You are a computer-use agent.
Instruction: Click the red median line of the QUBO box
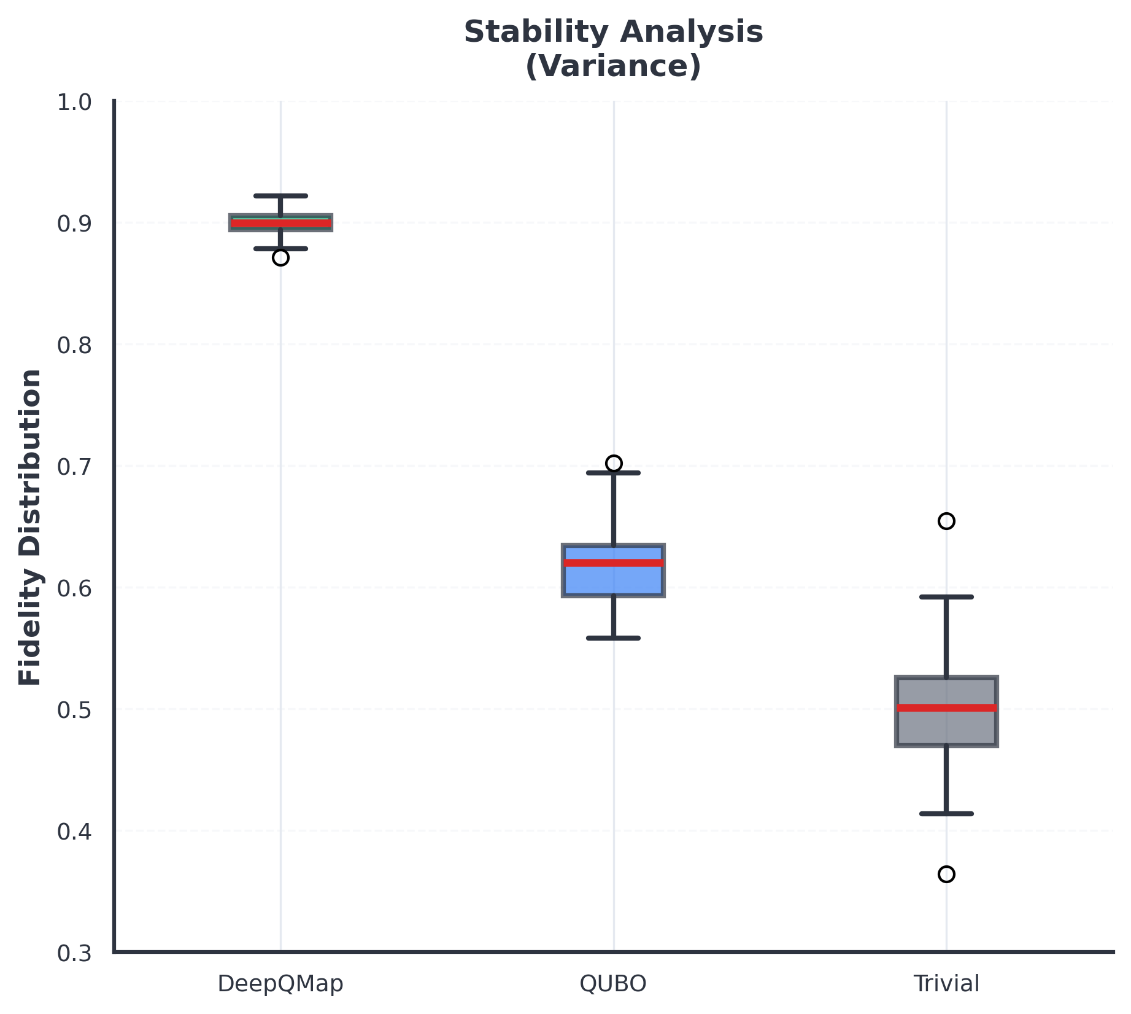click(614, 563)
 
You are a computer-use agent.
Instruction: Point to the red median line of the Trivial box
click(946, 708)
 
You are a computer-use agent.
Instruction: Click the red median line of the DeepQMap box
click(280, 223)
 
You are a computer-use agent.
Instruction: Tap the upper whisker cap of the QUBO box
click(614, 473)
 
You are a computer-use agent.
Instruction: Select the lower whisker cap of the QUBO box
click(614, 638)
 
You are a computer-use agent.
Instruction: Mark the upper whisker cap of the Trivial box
click(946, 597)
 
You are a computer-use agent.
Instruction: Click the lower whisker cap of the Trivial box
click(946, 814)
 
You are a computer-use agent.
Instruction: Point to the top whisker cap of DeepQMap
click(280, 196)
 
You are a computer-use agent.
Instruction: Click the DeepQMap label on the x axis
click(280, 984)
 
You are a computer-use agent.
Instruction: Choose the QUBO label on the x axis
click(614, 984)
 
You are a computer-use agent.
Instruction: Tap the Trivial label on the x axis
click(946, 984)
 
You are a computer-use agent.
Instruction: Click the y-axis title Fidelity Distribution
click(30, 527)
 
